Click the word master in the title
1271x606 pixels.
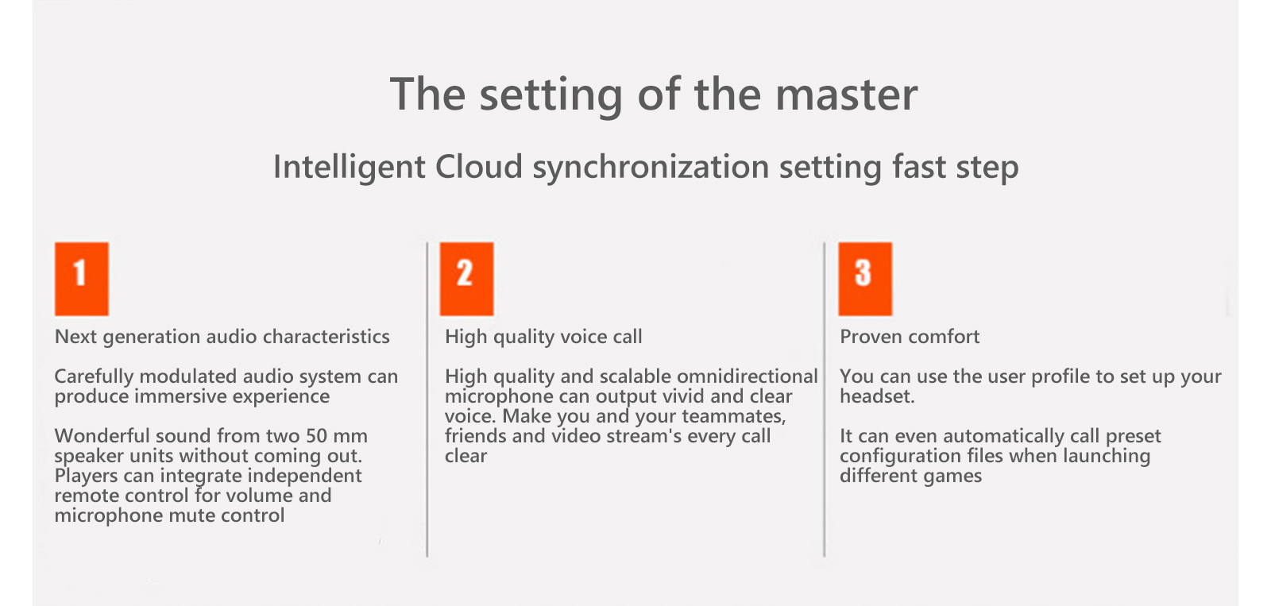point(846,95)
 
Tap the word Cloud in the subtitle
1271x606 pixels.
point(478,167)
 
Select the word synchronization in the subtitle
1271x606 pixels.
point(651,168)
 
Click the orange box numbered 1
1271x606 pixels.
point(82,279)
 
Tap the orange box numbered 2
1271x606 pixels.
point(466,279)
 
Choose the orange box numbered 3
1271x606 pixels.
point(865,279)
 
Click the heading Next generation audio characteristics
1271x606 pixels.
point(222,337)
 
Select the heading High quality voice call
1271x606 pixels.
point(543,337)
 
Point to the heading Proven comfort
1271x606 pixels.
point(910,337)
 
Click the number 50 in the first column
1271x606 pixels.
point(317,436)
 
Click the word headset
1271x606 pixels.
point(877,396)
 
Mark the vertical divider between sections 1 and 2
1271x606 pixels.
point(427,399)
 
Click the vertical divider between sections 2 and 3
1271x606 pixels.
point(824,399)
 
